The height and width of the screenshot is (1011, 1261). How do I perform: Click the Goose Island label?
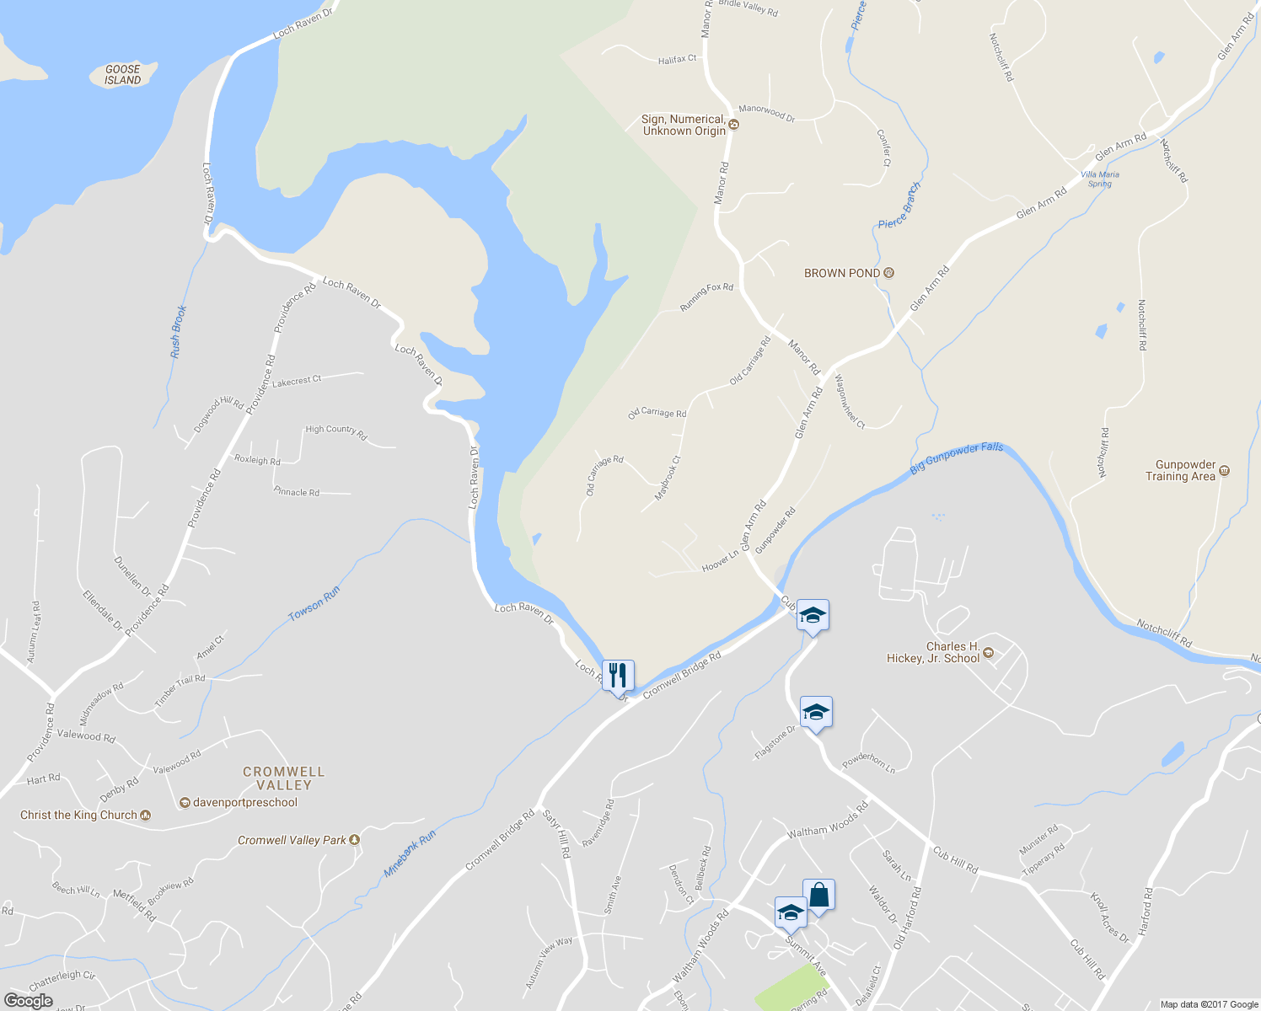pyautogui.click(x=123, y=75)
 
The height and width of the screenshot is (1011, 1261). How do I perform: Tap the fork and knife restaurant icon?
pyautogui.click(x=618, y=676)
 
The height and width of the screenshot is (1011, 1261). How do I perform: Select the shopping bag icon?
pyautogui.click(x=818, y=895)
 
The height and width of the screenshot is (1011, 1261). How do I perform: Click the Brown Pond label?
pyautogui.click(x=842, y=273)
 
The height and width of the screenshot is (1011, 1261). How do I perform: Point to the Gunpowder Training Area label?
pyautogui.click(x=1185, y=470)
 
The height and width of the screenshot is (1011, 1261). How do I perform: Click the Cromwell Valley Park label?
pyautogui.click(x=292, y=840)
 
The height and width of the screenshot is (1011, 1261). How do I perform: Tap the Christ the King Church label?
pyautogui.click(x=78, y=815)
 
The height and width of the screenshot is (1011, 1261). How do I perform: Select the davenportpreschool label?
pyautogui.click(x=244, y=802)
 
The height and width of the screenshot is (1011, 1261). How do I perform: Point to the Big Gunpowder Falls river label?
pyautogui.click(x=957, y=457)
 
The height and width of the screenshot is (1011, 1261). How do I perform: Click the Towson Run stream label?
pyautogui.click(x=314, y=604)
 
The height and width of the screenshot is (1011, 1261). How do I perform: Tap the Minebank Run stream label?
pyautogui.click(x=410, y=853)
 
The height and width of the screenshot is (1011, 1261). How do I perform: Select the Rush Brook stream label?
pyautogui.click(x=177, y=331)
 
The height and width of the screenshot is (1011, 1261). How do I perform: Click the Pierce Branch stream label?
pyautogui.click(x=899, y=206)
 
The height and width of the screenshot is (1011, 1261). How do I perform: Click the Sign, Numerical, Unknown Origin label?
pyautogui.click(x=684, y=126)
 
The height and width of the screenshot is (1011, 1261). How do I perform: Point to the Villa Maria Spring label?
pyautogui.click(x=1100, y=179)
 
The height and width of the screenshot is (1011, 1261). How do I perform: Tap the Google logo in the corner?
pyautogui.click(x=29, y=1001)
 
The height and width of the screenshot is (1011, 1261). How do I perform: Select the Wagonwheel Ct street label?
pyautogui.click(x=850, y=401)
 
